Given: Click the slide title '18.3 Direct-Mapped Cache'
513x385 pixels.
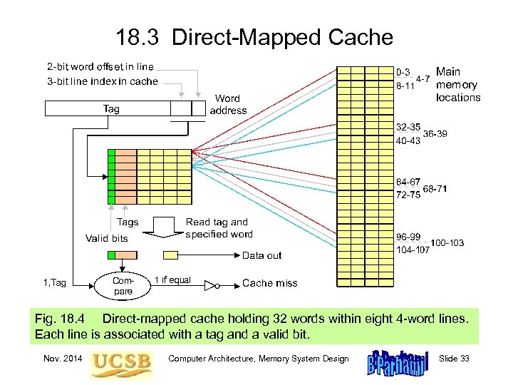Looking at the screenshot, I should point(254,36).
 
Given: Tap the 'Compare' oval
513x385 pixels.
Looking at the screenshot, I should point(123,286).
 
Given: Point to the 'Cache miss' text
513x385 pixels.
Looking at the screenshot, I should point(269,283).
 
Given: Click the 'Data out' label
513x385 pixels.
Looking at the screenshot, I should point(261,255).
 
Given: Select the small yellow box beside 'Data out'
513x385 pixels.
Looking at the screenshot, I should point(171,255).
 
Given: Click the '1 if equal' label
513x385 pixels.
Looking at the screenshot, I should point(172,279).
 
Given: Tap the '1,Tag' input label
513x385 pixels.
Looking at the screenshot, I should point(54,283).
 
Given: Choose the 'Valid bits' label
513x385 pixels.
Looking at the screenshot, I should point(106,238).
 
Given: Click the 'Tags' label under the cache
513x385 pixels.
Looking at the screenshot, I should point(128,222).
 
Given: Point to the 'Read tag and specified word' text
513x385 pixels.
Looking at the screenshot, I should point(218,228).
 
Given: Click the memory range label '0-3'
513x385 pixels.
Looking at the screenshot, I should point(403,72).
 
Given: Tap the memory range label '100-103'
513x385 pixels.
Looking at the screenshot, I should point(447,243).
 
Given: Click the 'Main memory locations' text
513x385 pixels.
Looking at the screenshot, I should point(457,85).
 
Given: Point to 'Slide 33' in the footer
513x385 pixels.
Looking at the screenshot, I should point(454,359).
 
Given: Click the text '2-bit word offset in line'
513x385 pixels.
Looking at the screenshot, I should point(100,67).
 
